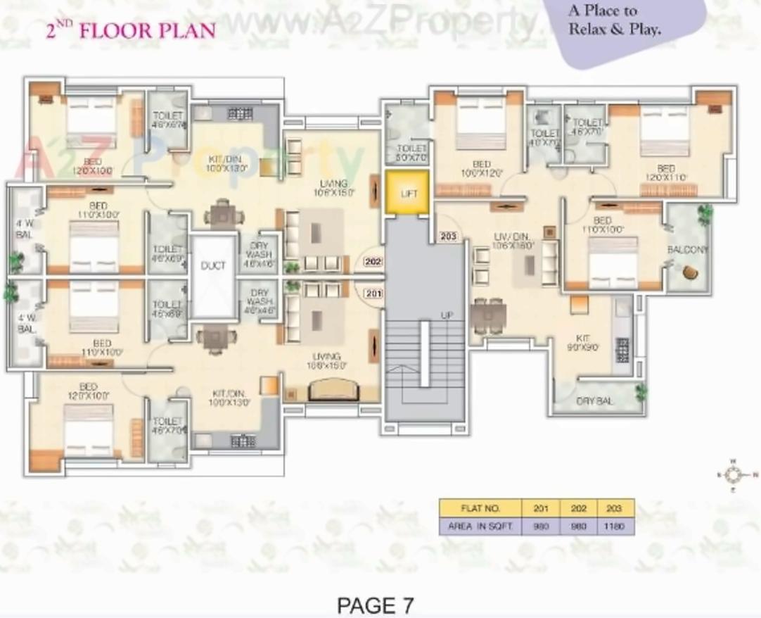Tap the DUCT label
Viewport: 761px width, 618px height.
[213, 265]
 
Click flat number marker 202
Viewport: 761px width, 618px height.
[373, 262]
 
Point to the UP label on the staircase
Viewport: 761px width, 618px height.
[447, 316]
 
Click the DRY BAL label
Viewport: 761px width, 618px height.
[594, 401]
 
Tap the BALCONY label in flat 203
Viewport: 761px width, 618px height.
[687, 250]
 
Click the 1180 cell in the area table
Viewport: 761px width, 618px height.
[616, 526]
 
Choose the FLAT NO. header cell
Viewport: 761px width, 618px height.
[480, 507]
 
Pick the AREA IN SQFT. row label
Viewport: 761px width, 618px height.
[480, 526]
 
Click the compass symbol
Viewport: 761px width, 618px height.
[734, 475]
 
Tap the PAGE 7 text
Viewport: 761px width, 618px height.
[376, 605]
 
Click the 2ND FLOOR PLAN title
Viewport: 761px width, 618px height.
[130, 31]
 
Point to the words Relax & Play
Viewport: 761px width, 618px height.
[614, 30]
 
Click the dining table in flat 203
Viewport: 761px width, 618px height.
[487, 315]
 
